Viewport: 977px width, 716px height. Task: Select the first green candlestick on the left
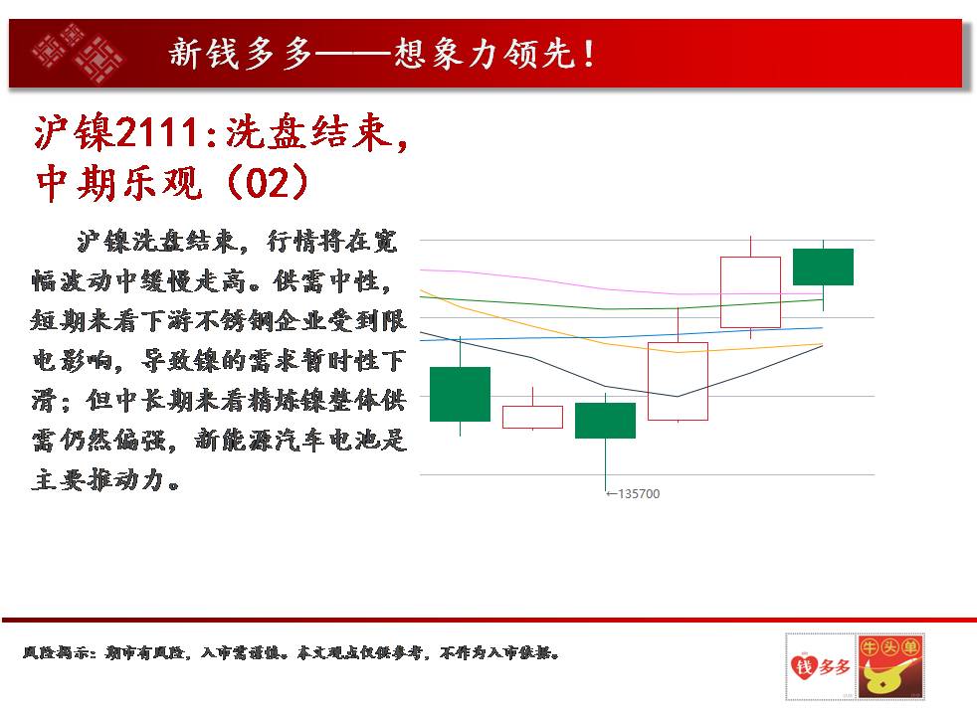click(460, 394)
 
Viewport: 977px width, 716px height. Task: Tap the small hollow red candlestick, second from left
click(532, 417)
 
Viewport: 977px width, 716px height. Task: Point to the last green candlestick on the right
click(823, 267)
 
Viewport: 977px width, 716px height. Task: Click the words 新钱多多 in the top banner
click(241, 53)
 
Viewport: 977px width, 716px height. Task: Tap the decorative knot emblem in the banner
click(78, 53)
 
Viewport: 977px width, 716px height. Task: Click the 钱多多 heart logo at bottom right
click(821, 666)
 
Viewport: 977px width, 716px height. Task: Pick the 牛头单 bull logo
click(889, 666)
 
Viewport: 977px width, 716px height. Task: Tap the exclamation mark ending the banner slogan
click(588, 54)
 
